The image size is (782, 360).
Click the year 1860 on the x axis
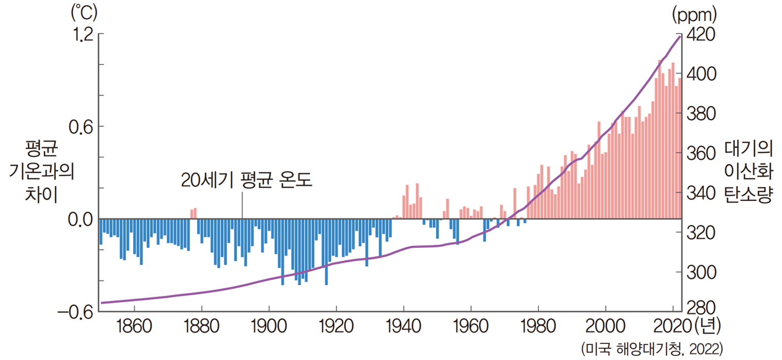click(134, 327)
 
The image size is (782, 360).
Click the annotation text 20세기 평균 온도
click(247, 181)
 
